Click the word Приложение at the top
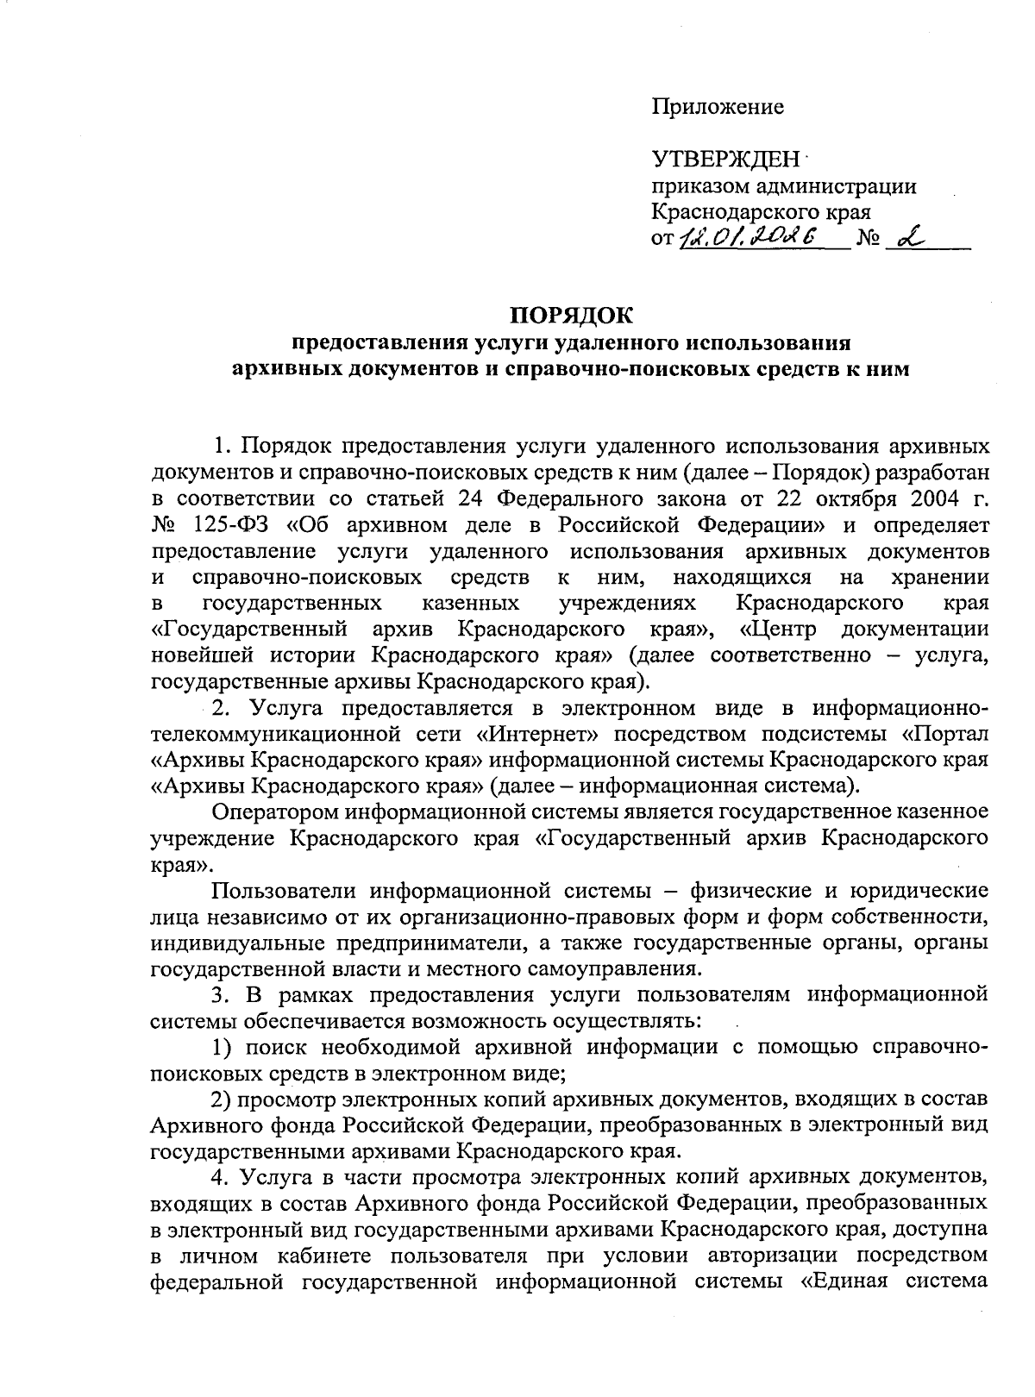click(x=718, y=107)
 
